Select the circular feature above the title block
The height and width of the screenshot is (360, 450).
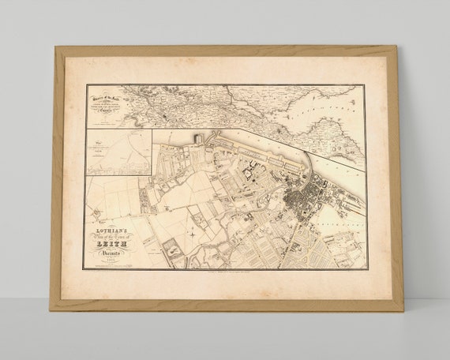(x=96, y=212)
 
